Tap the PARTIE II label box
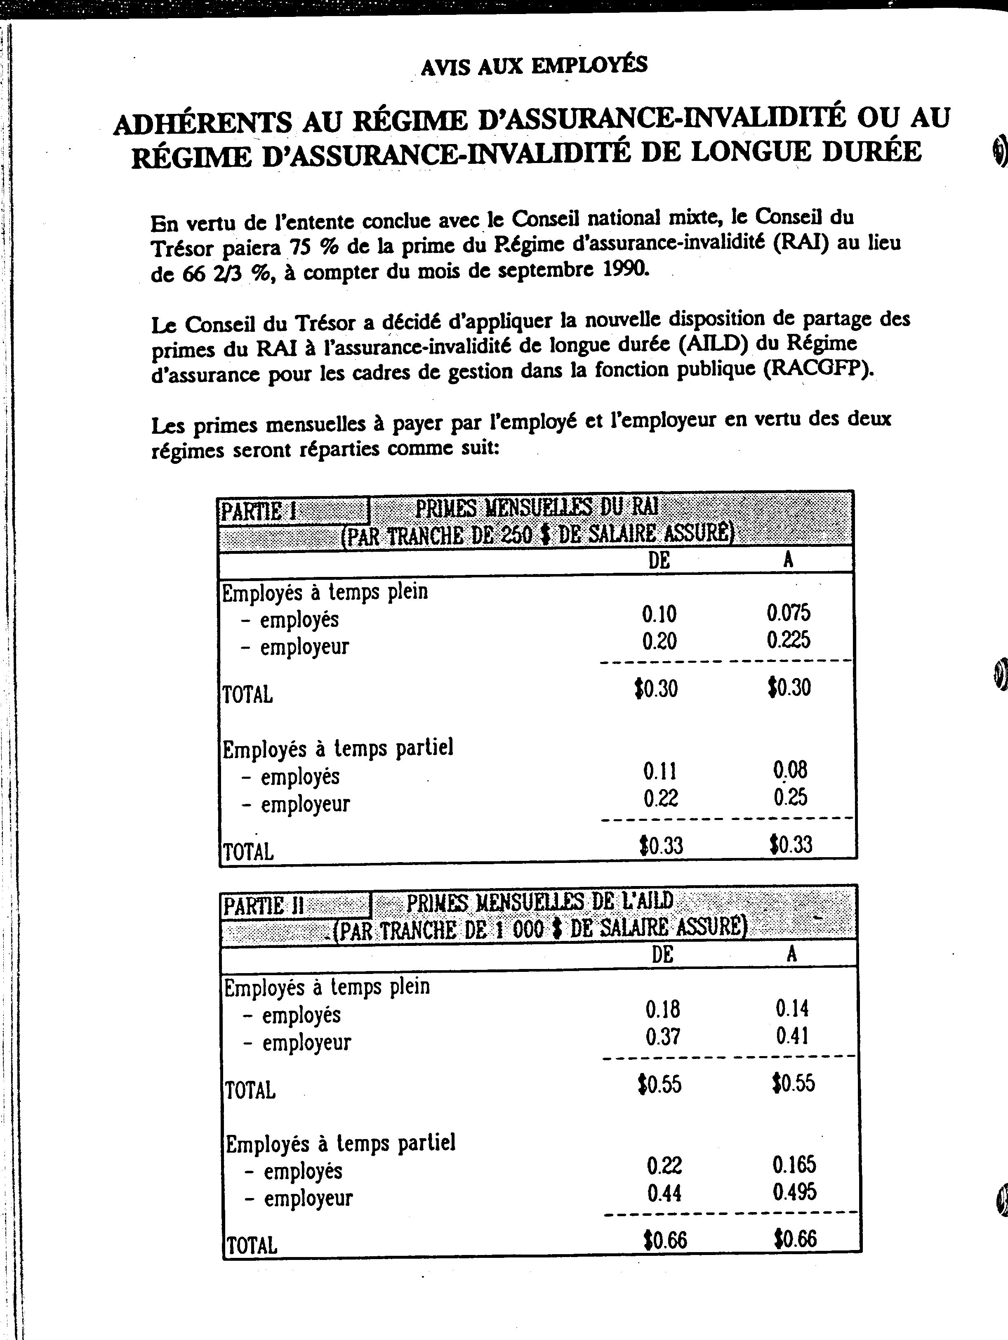coord(295,906)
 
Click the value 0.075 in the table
coord(788,613)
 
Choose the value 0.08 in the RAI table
coord(790,770)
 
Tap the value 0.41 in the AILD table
coord(792,1036)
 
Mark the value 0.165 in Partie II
coord(794,1164)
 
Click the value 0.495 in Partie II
coord(794,1192)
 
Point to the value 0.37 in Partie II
coord(662,1037)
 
